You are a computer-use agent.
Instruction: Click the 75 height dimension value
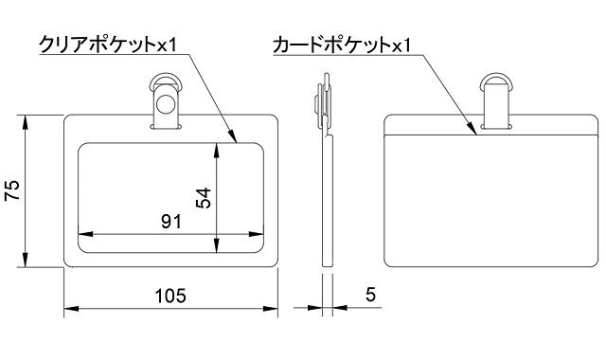(12, 193)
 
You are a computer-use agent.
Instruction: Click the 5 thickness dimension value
(370, 296)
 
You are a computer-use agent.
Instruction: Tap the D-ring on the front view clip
(168, 82)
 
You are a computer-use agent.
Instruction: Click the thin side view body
(328, 199)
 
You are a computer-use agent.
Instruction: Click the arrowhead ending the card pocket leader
(475, 133)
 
